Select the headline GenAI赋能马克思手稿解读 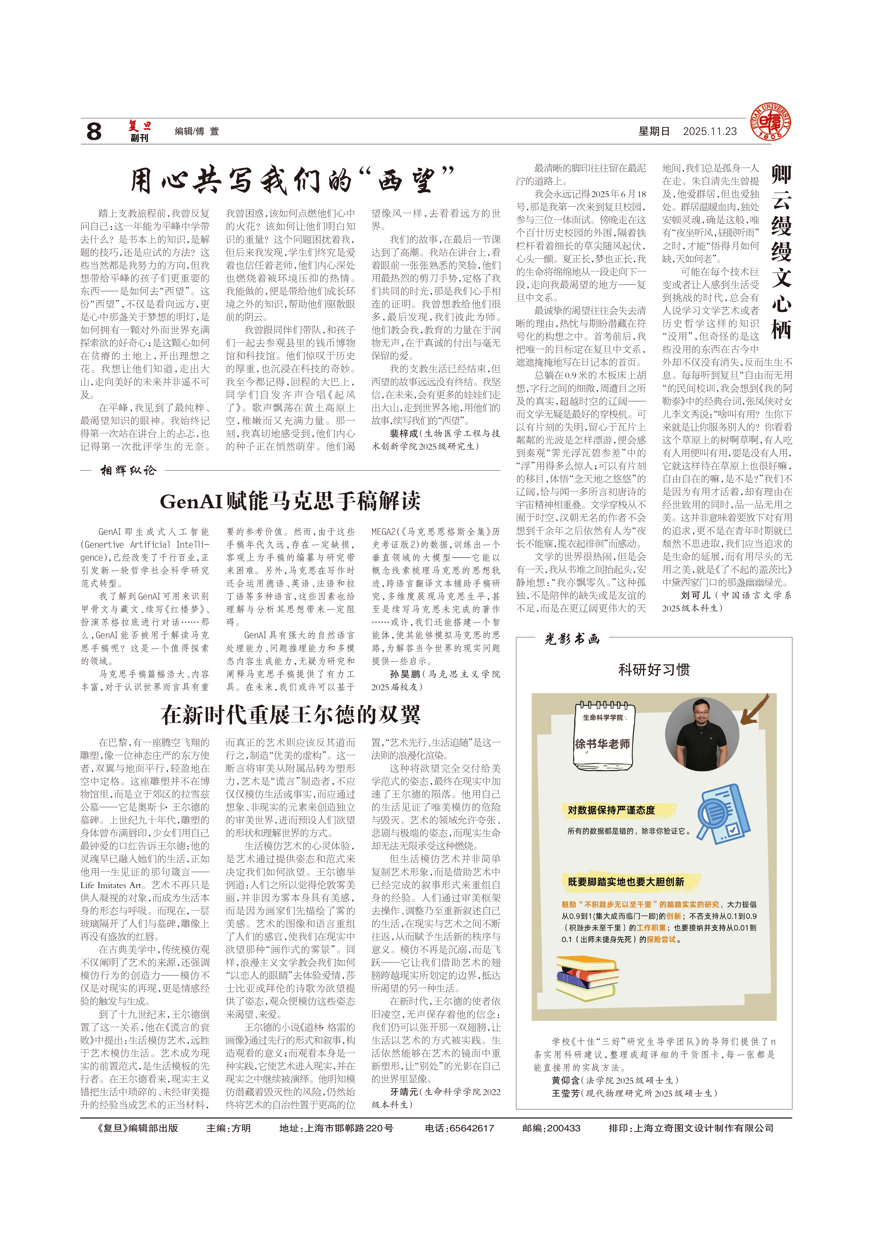point(290,501)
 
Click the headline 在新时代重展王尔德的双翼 point(290,715)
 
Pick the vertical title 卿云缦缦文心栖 point(781,253)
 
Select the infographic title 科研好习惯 point(654,670)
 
